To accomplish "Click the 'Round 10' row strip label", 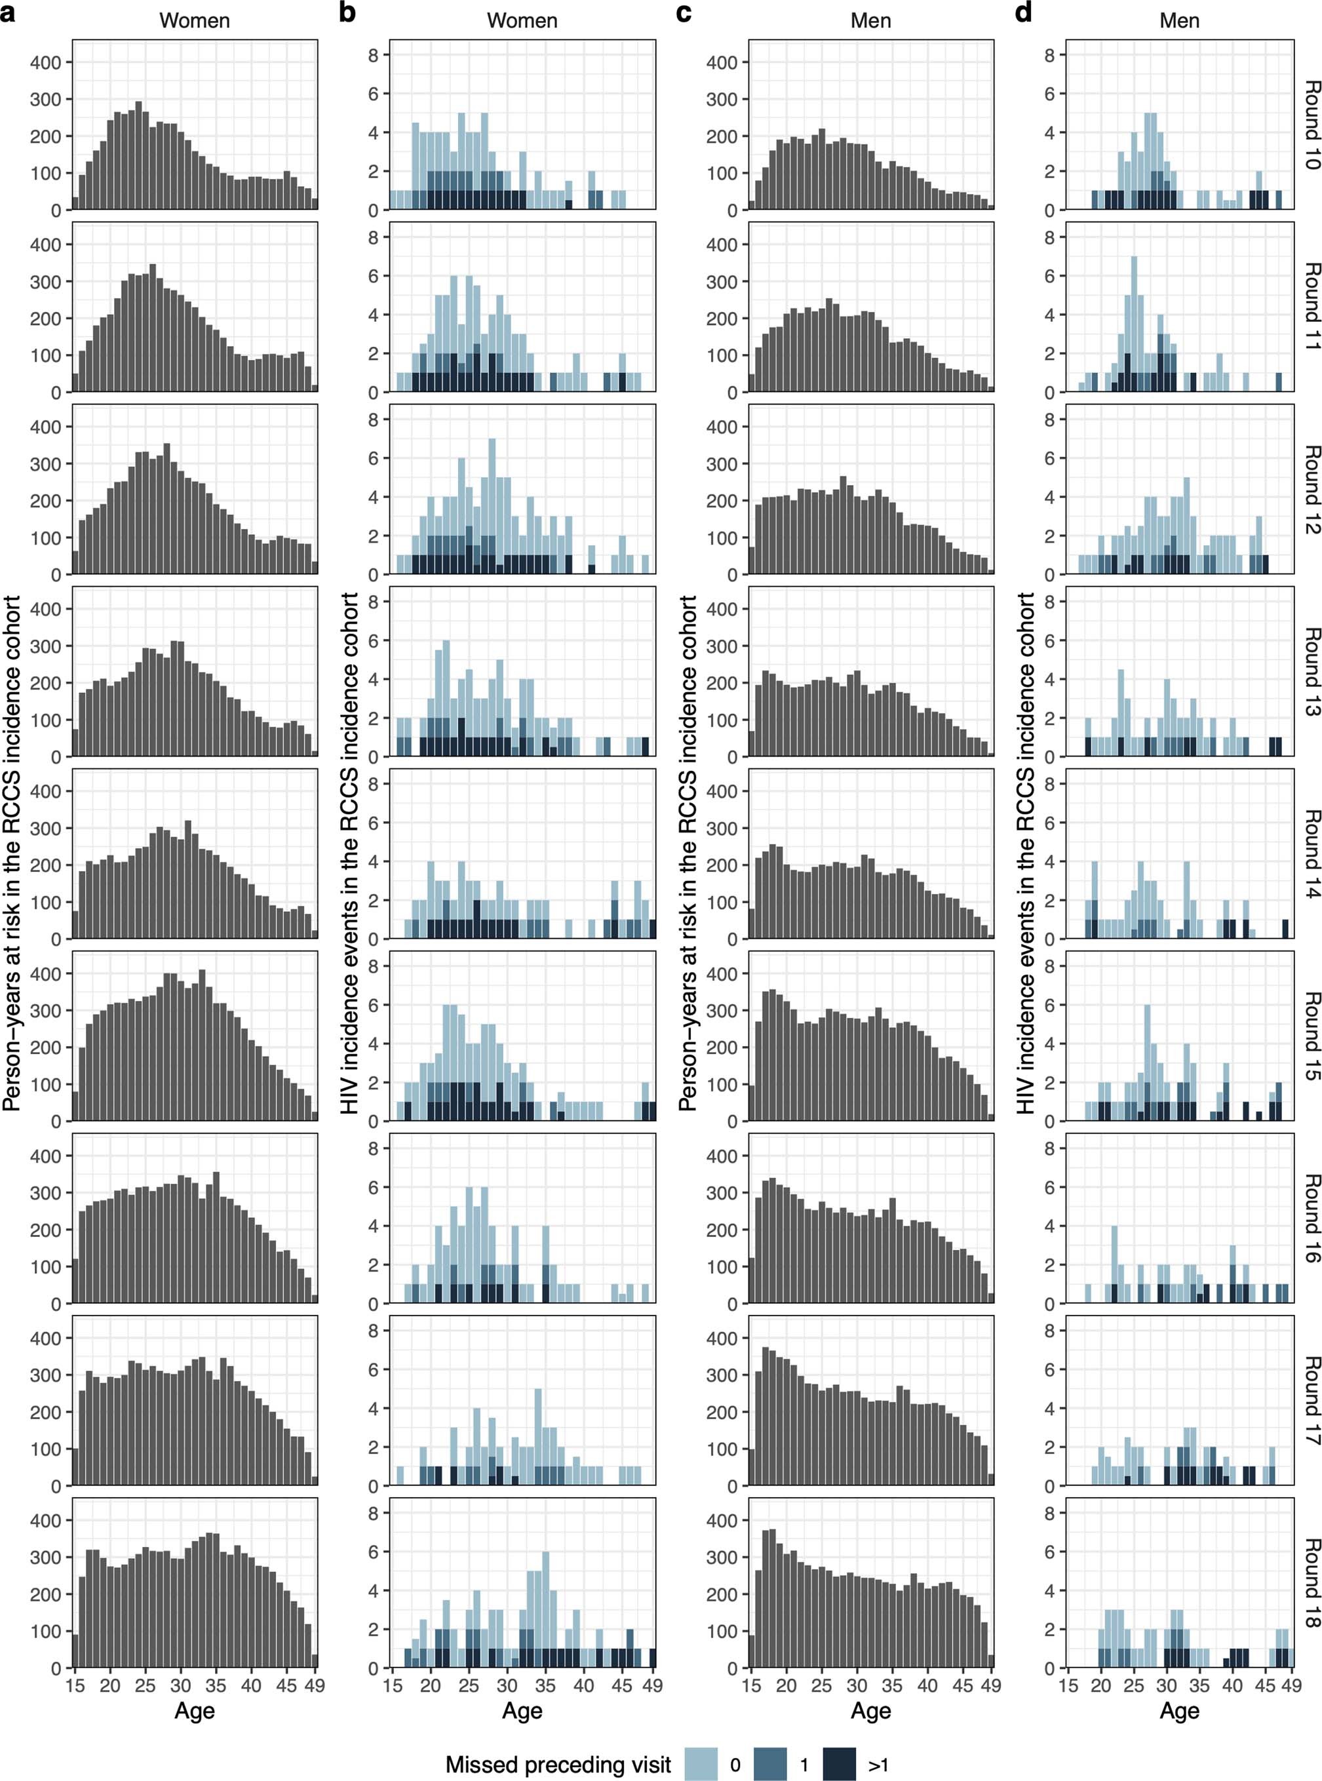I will pos(1310,124).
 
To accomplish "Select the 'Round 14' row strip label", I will pos(1310,853).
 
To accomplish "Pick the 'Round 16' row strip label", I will pos(1310,1219).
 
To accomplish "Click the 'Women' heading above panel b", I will pos(522,21).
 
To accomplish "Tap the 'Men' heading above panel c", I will pos(870,21).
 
